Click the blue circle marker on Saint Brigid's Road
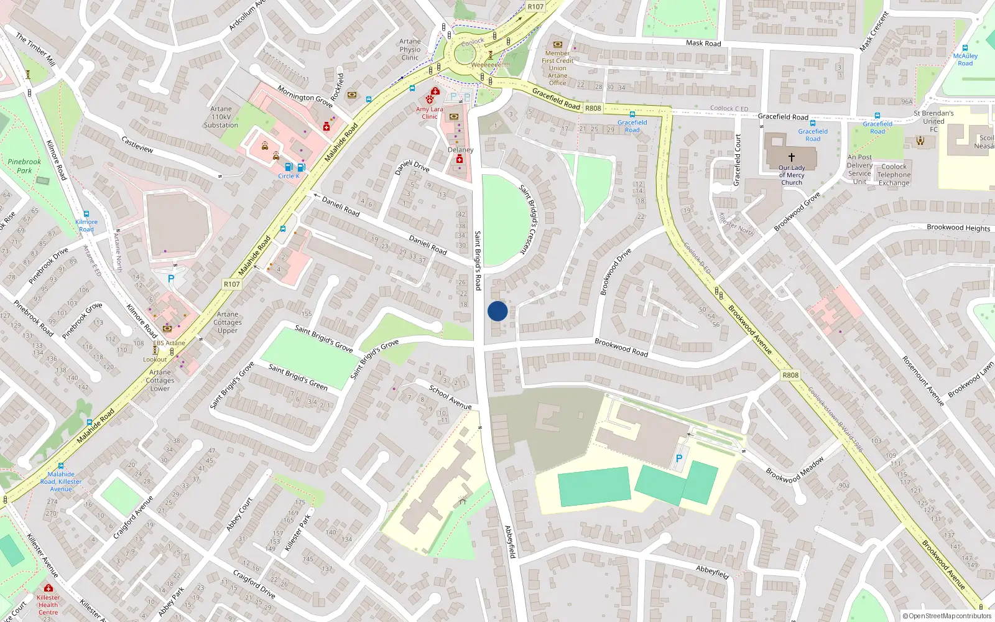497,311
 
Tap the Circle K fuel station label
289,176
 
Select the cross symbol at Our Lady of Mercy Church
791,157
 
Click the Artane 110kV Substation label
221,117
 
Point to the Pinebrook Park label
24,166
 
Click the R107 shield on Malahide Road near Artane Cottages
231,284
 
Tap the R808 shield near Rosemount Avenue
790,375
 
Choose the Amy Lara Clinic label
430,113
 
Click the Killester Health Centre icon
49,588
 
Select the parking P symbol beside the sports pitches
679,458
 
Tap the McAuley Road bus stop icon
965,48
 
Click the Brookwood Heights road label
958,228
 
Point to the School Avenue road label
450,397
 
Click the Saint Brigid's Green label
298,377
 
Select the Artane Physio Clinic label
410,50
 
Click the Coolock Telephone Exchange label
894,175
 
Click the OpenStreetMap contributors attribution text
947,616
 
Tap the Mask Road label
703,43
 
